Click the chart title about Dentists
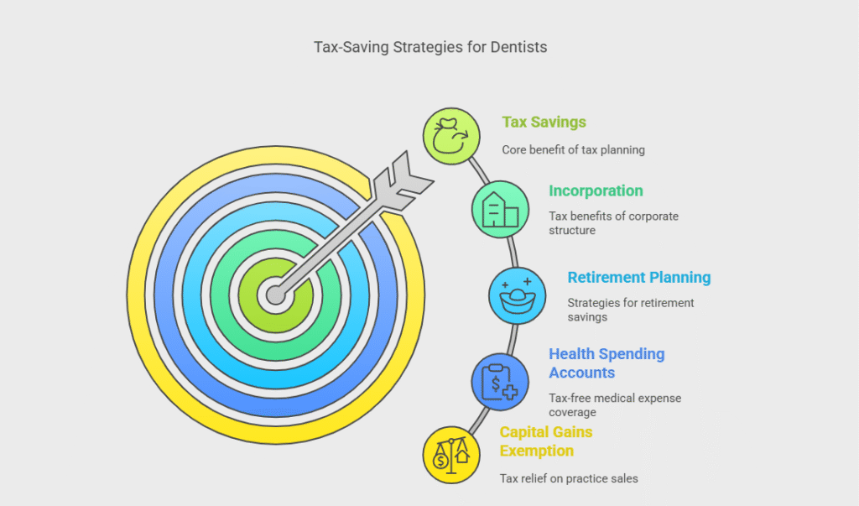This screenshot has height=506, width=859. click(x=430, y=47)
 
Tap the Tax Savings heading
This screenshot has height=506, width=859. click(x=544, y=122)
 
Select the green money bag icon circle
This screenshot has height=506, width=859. click(x=451, y=136)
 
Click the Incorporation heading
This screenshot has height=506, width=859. click(x=596, y=190)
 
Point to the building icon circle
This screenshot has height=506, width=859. click(x=500, y=210)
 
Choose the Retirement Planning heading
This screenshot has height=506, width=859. click(x=638, y=278)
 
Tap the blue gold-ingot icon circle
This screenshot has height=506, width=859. click(x=517, y=296)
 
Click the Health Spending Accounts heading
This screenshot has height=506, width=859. click(x=607, y=363)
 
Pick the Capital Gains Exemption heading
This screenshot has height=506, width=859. click(x=546, y=441)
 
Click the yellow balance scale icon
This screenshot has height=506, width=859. click(x=451, y=455)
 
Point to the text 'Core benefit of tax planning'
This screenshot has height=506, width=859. click(x=573, y=149)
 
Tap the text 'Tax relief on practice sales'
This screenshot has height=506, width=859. click(x=569, y=478)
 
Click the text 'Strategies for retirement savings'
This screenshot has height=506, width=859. click(x=631, y=310)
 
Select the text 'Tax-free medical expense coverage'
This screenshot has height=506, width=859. click(x=615, y=405)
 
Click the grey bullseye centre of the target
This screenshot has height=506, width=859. click(x=275, y=295)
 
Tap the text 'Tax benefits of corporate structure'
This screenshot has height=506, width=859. click(x=613, y=223)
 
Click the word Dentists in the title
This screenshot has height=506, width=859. click(x=518, y=47)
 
